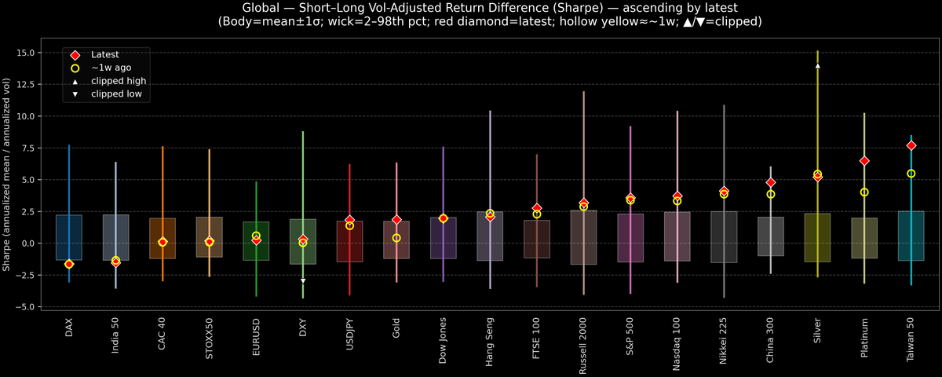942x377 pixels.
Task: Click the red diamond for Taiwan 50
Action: point(911,145)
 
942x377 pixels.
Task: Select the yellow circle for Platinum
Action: point(864,192)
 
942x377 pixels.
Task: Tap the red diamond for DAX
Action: point(69,265)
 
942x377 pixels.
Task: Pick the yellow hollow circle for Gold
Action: point(396,238)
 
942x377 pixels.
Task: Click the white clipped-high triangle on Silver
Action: point(818,66)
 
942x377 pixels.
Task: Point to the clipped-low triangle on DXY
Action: point(303,280)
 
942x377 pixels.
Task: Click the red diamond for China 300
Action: point(771,182)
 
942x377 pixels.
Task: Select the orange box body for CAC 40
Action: point(162,238)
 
